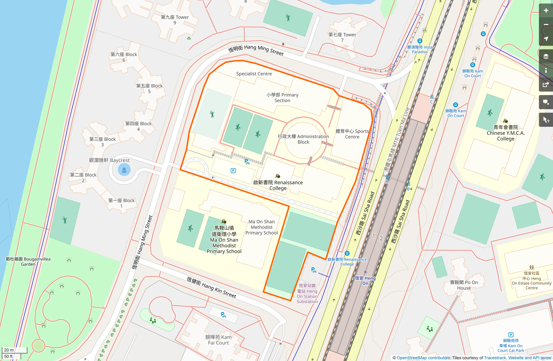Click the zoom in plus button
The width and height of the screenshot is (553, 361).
pyautogui.click(x=546, y=11)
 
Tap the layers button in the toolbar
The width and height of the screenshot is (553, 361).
pyautogui.click(x=546, y=56)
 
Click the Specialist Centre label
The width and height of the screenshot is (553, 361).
pyautogui.click(x=254, y=74)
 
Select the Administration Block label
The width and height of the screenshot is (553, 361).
pyautogui.click(x=303, y=139)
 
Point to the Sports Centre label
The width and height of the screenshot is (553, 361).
pyautogui.click(x=352, y=134)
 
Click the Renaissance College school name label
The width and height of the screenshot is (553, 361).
pyautogui.click(x=278, y=185)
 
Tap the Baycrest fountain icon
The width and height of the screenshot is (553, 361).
pyautogui.click(x=124, y=170)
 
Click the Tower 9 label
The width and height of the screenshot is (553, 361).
pyautogui.click(x=175, y=20)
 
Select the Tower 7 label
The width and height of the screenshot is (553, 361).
pyautogui.click(x=342, y=37)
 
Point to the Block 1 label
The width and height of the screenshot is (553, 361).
pyautogui.click(x=121, y=203)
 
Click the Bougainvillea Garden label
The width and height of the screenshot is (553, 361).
pyautogui.click(x=28, y=262)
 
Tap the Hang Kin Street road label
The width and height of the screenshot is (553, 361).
pyautogui.click(x=211, y=287)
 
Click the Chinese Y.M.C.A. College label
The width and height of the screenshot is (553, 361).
pyautogui.click(x=505, y=133)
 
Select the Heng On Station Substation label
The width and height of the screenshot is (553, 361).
pyautogui.click(x=307, y=293)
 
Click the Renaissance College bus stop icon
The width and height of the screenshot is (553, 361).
pyautogui.click(x=347, y=253)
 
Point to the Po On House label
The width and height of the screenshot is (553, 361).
pyautogui.click(x=464, y=285)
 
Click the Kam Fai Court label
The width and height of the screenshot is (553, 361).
pyautogui.click(x=218, y=340)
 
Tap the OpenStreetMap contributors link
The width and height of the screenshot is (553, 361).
pyautogui.click(x=423, y=358)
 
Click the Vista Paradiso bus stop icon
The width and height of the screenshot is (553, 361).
pyautogui.click(x=420, y=41)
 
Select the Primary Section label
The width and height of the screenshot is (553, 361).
pyautogui.click(x=282, y=97)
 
